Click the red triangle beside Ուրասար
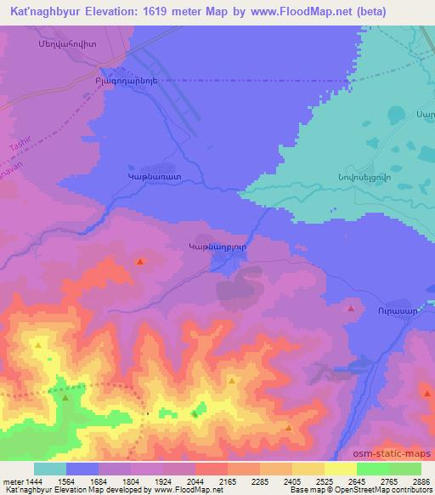coord(350,310)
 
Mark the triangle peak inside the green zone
coord(65,395)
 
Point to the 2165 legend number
coord(228,481)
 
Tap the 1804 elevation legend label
coord(131,481)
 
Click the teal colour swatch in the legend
coord(50,469)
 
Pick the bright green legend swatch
coord(373,469)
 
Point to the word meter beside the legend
coord(11,481)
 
